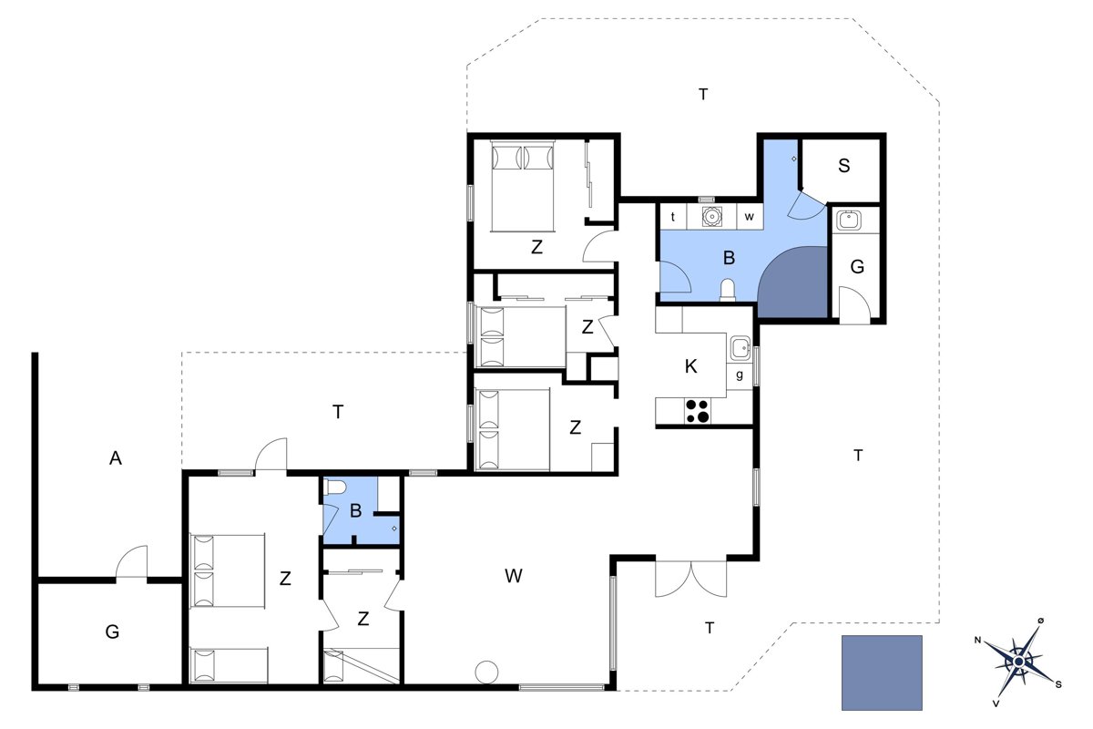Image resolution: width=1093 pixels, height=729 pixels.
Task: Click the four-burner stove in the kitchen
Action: (698, 411)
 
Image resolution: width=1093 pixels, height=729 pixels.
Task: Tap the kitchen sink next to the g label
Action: (741, 348)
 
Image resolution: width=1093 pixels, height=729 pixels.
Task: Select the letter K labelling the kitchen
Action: (690, 366)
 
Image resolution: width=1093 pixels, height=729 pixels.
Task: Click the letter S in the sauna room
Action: (843, 166)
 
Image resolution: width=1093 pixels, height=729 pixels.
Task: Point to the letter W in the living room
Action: (514, 576)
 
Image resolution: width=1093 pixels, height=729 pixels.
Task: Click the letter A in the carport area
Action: (115, 458)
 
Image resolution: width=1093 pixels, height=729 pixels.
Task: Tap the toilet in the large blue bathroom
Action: (727, 290)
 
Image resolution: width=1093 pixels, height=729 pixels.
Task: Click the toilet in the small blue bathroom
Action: (336, 487)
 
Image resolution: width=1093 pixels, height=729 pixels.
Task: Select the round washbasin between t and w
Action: (711, 216)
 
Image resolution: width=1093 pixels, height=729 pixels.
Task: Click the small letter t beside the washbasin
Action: (673, 216)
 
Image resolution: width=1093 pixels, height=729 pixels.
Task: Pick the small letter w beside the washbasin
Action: (749, 216)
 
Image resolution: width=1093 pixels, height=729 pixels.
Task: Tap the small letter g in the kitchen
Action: (740, 375)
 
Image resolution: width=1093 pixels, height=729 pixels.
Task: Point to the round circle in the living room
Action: (486, 672)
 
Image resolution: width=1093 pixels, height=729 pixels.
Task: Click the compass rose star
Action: (1018, 662)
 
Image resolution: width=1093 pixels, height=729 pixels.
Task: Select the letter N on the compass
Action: (977, 640)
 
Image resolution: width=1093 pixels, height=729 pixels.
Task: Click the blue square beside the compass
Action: (882, 673)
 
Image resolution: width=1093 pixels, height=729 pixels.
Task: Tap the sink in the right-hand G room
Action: (849, 220)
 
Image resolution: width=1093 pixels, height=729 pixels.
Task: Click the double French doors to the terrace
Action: (690, 579)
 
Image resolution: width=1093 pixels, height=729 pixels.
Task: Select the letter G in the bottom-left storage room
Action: (112, 631)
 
